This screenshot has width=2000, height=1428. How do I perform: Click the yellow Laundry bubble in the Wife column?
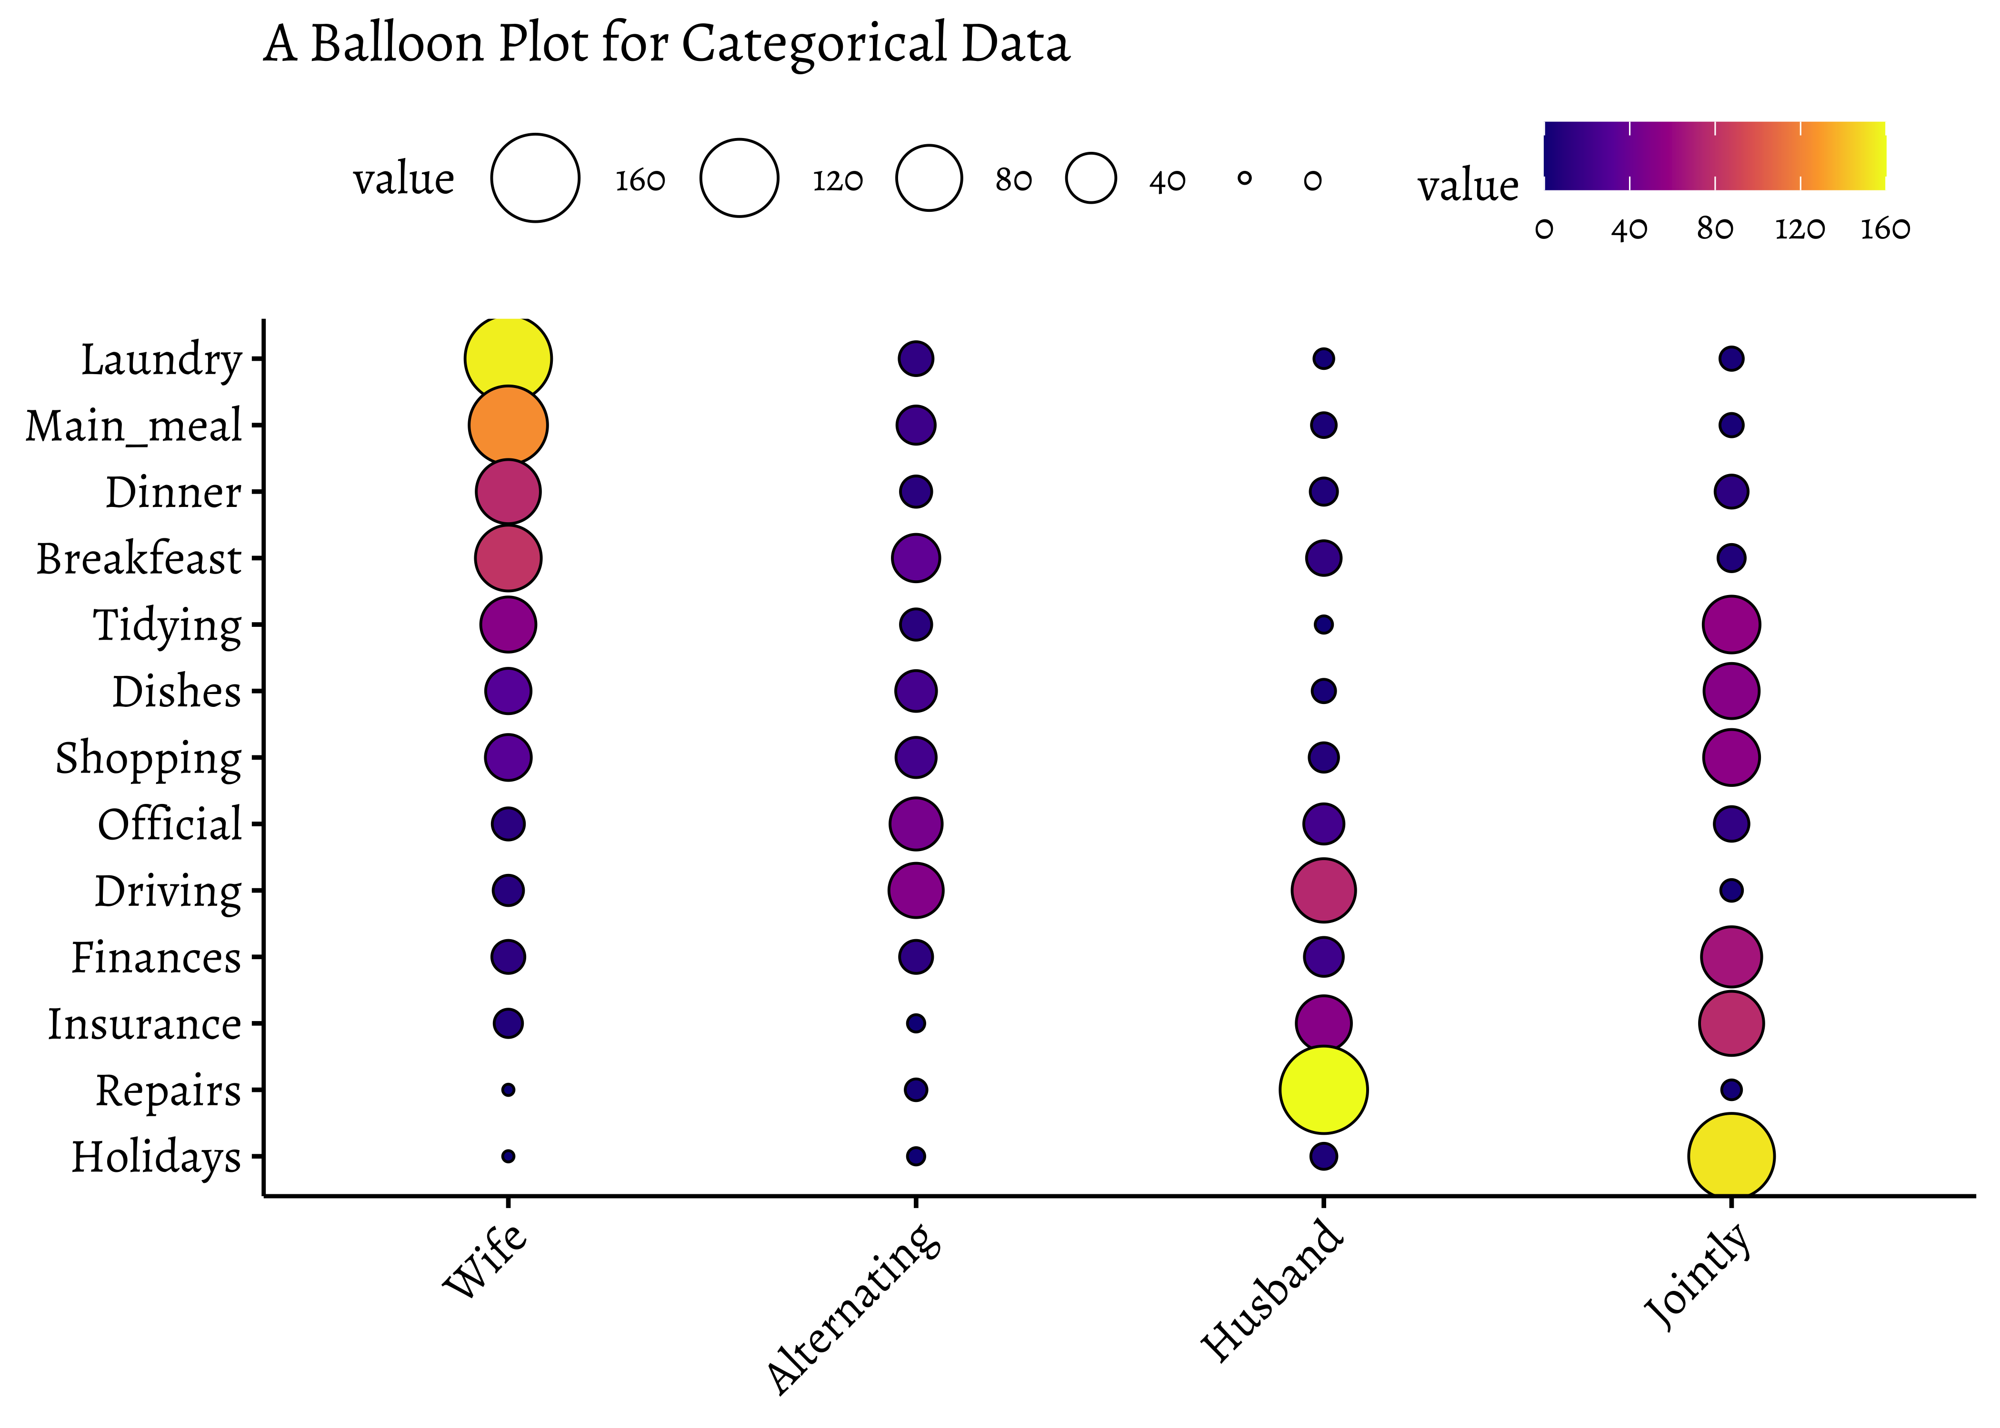point(509,359)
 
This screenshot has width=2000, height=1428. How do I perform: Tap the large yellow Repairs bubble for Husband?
point(1324,1090)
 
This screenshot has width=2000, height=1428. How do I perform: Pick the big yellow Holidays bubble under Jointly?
point(1731,1156)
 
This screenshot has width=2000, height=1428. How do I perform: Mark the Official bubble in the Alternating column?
point(916,824)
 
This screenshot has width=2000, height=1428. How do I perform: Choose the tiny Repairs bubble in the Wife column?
point(509,1090)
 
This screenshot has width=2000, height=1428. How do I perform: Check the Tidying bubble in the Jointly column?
point(1731,625)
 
